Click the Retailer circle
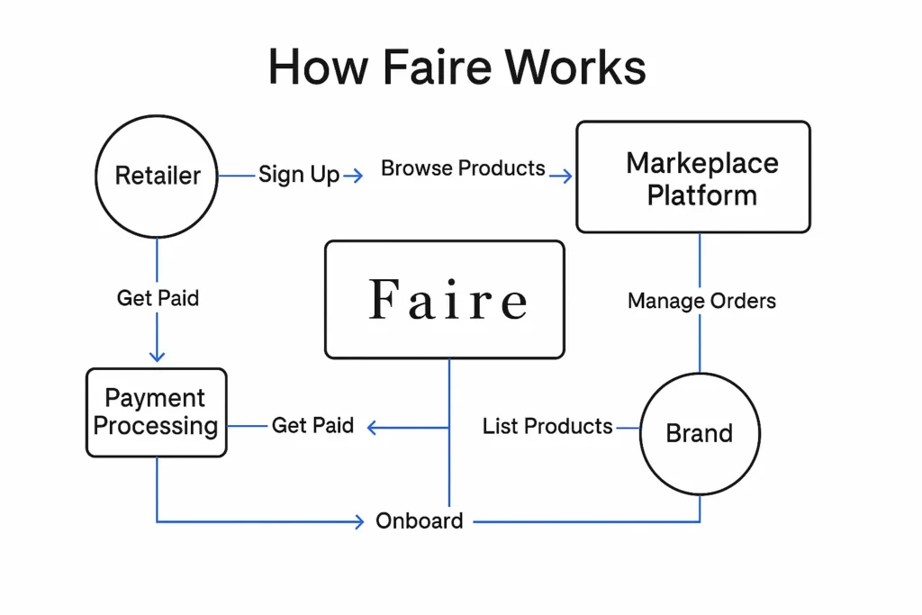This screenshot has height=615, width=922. [158, 176]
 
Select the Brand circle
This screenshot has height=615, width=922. [700, 433]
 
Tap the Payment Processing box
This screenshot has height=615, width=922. [156, 412]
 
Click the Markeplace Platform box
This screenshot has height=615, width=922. [692, 178]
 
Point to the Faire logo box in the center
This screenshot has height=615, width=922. [445, 300]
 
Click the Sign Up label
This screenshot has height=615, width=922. [299, 175]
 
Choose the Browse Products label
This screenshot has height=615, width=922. [463, 168]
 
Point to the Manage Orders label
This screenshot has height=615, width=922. [701, 301]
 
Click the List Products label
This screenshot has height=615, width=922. [547, 426]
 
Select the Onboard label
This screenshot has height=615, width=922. [420, 520]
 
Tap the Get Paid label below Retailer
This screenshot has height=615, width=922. [158, 298]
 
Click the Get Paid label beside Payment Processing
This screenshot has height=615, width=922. [312, 425]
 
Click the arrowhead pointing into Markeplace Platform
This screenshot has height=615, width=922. [565, 176]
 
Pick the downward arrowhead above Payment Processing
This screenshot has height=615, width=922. [158, 356]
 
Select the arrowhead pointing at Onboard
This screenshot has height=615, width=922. [358, 520]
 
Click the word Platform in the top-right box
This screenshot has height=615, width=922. [701, 195]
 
